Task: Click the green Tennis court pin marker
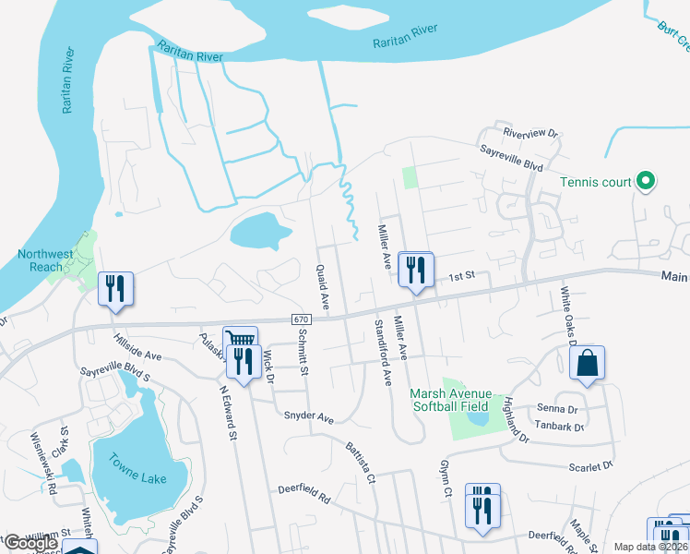click(x=646, y=182)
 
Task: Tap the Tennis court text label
click(x=596, y=182)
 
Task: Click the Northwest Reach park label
click(x=45, y=260)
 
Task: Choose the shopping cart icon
click(x=241, y=340)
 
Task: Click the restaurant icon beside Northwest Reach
click(x=115, y=288)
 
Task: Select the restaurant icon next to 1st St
click(x=416, y=269)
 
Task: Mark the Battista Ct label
click(x=360, y=463)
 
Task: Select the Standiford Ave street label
click(x=382, y=351)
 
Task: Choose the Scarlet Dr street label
click(x=589, y=467)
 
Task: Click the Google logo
click(x=30, y=543)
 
